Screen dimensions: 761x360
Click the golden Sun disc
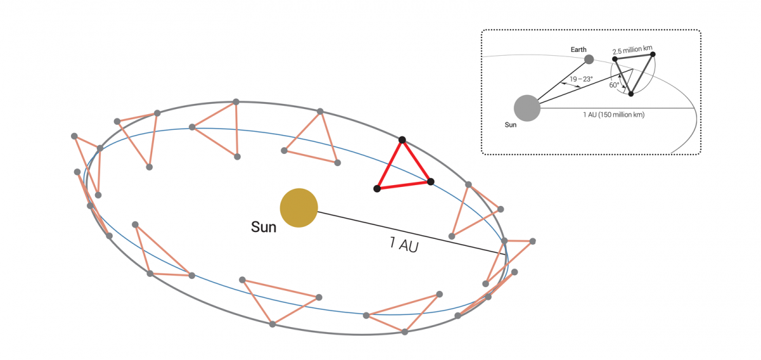(299, 207)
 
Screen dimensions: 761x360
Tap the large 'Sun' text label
(264, 227)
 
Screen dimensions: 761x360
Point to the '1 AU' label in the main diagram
(404, 245)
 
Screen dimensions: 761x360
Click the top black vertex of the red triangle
(402, 140)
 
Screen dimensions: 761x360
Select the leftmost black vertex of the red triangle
(377, 189)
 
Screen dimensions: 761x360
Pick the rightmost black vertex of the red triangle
(431, 182)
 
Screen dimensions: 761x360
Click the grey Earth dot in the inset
(589, 60)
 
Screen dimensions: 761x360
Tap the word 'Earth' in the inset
(578, 49)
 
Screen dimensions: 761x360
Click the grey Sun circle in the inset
(527, 108)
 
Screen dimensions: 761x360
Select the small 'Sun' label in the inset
(511, 125)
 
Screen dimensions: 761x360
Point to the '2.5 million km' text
(633, 50)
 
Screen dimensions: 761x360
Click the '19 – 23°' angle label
(582, 79)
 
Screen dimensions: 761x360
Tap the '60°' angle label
(614, 85)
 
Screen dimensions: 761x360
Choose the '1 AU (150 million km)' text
(614, 115)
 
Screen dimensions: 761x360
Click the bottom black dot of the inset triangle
(631, 94)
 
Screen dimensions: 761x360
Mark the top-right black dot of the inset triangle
(653, 55)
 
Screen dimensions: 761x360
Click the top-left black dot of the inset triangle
(615, 59)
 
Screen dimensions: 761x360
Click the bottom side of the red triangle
(403, 185)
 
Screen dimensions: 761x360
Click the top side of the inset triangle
(634, 56)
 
